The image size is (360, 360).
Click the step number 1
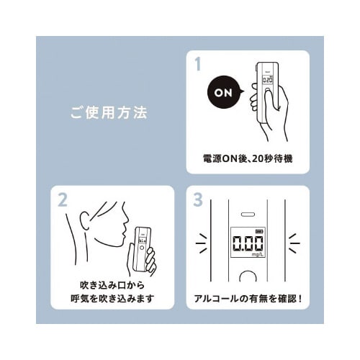coord(198,63)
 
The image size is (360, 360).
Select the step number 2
coord(63,199)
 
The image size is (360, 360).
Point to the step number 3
coord(198,199)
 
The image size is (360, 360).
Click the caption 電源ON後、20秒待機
coord(248,156)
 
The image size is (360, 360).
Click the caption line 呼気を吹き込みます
coord(112,298)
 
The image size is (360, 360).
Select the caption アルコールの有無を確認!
coord(248,298)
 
